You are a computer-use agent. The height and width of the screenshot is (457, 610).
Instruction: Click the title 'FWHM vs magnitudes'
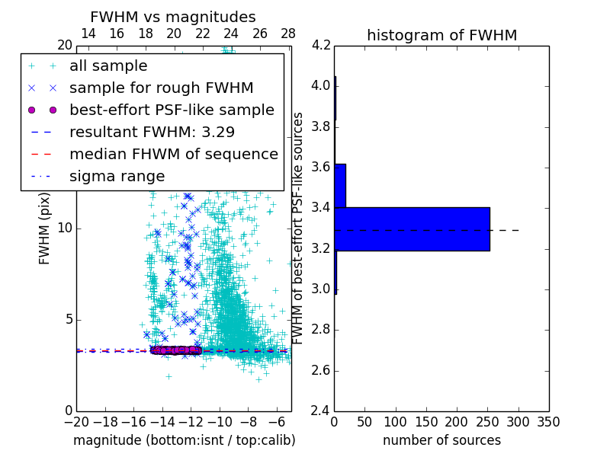[x=172, y=17]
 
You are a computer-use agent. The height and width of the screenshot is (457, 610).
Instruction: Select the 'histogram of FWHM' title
[x=441, y=35]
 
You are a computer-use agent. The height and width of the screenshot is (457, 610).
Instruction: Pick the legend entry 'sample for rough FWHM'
[x=161, y=88]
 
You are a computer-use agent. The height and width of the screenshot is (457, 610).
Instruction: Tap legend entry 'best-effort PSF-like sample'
[x=172, y=110]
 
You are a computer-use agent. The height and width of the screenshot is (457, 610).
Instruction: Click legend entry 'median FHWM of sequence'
[x=173, y=154]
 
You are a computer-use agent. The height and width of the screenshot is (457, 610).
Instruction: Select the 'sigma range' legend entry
[x=117, y=176]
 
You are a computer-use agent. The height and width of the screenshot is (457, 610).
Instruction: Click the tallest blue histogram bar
[x=412, y=228]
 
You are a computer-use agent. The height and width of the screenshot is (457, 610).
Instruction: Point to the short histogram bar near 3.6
[x=340, y=185]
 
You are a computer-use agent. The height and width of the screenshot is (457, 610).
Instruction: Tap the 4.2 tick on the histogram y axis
[x=320, y=45]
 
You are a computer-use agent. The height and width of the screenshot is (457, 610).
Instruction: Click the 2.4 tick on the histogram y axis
[x=320, y=411]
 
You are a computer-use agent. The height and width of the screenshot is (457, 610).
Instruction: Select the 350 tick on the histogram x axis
[x=549, y=422]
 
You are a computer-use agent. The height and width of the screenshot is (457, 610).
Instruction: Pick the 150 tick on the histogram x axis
[x=426, y=422]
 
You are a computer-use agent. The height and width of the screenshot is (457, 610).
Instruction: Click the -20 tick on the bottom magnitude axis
[x=76, y=422]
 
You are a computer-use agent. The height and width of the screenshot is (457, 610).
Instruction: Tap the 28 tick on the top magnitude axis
[x=288, y=34]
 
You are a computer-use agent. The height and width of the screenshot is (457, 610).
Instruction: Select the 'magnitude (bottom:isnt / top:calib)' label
[x=184, y=440]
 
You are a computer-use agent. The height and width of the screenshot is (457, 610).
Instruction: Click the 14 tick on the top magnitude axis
[x=88, y=34]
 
